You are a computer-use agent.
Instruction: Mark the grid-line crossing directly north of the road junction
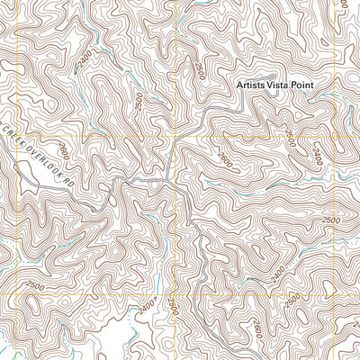175,139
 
